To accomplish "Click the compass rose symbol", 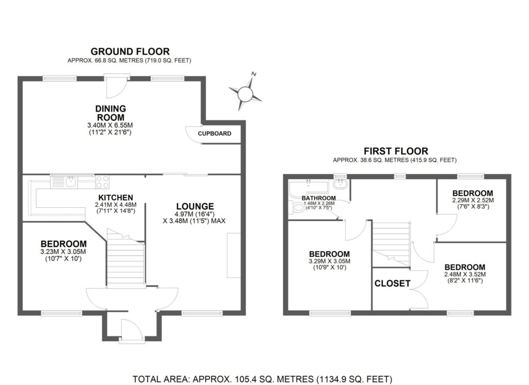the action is coord(245,94).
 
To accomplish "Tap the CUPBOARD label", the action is coord(214,134).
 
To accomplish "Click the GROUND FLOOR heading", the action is coord(130,52).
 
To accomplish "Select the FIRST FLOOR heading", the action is coord(396,151).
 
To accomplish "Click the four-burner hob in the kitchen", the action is coord(103,182).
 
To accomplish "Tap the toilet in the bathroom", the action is coord(296,208).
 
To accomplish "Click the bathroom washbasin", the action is coord(339,184).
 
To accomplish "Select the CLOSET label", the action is coord(393,283).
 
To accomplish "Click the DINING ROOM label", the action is coord(111,113).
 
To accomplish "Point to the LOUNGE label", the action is coord(195,206).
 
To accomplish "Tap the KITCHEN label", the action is coord(116,197).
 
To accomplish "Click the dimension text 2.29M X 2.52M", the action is coord(473,200).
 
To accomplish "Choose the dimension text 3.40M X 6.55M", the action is coord(110,125).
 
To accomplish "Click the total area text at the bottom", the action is coord(262,379).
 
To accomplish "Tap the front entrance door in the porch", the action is coord(132,331).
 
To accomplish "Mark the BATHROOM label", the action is coord(319,198).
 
